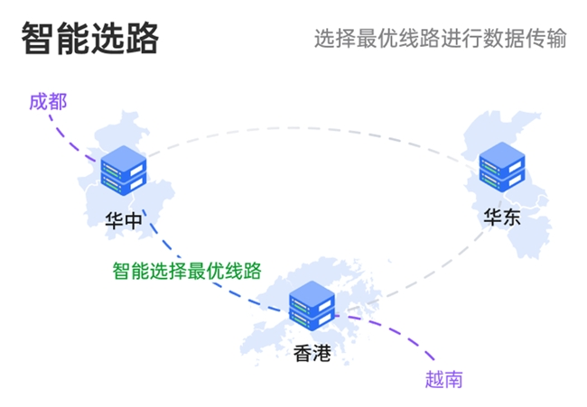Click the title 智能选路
click(89, 39)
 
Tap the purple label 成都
click(48, 100)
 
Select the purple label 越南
click(443, 379)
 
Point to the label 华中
click(124, 220)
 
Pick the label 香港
click(312, 353)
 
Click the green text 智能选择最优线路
click(187, 271)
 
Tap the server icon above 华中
click(125, 171)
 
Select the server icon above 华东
click(502, 168)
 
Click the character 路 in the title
click(142, 39)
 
